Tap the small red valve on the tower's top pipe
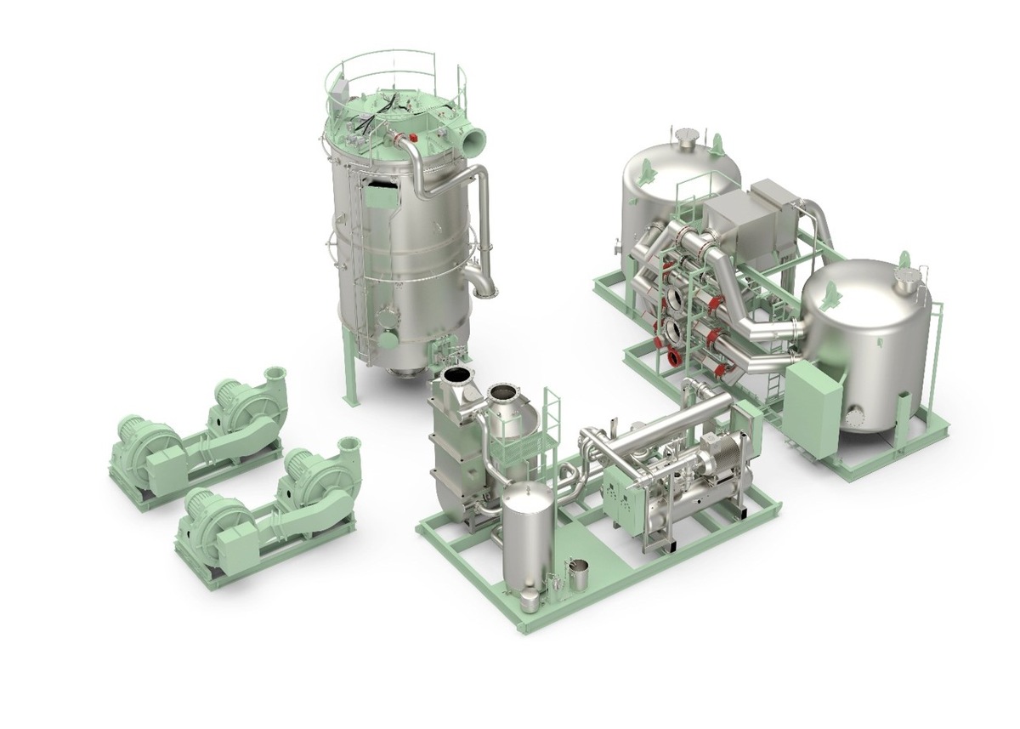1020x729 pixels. coord(413,137)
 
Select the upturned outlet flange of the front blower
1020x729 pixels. coord(348,445)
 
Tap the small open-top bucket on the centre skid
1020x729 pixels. coord(578,575)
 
